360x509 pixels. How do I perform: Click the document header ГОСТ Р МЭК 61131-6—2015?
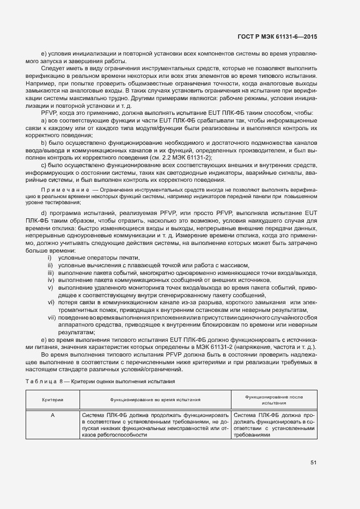coord(277,36)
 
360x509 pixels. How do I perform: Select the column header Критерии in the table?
coord(53,400)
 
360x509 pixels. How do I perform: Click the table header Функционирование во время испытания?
coord(155,400)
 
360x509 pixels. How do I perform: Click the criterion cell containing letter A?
coord(53,415)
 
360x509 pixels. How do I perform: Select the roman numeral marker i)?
coord(50,257)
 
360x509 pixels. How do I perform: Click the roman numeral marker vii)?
coord(52,317)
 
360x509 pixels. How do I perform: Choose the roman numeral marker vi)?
coord(51,302)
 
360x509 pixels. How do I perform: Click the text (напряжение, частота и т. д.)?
coord(277,348)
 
